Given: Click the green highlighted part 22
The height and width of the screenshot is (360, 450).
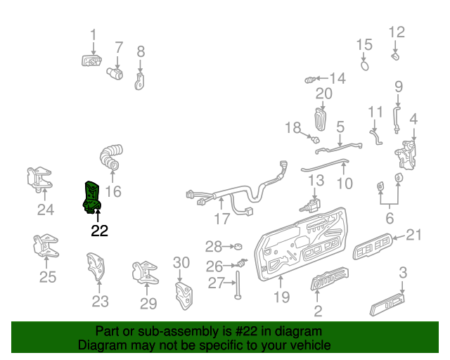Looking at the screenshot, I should pyautogui.click(x=92, y=195).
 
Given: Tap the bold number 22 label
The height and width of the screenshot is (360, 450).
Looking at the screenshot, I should pyautogui.click(x=99, y=231).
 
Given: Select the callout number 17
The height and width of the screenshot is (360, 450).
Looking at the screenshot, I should pyautogui.click(x=222, y=219).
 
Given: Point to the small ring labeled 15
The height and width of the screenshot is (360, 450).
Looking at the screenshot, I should pyautogui.click(x=365, y=65).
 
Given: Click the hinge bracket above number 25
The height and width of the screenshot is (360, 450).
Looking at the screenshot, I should pyautogui.click(x=44, y=247).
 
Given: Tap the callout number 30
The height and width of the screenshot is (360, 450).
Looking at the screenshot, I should pyautogui.click(x=181, y=263).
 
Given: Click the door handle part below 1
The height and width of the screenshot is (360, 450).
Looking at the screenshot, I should pyautogui.click(x=90, y=61).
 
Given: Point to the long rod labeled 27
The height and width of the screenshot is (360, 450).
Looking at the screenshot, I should pyautogui.click(x=239, y=283).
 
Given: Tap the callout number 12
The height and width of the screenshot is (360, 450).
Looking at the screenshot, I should pyautogui.click(x=397, y=32).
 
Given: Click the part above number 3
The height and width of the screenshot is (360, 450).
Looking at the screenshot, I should pyautogui.click(x=387, y=307).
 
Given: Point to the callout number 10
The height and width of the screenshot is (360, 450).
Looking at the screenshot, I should pyautogui.click(x=345, y=184).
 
